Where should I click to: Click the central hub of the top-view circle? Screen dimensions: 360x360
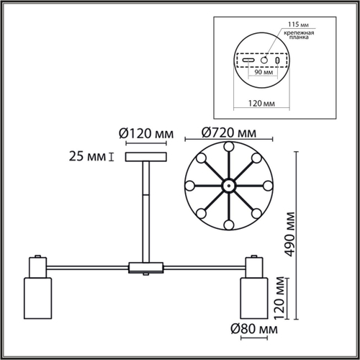[227, 185]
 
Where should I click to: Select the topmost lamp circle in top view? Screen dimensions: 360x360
[227, 147]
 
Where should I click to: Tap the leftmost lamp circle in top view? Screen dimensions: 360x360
[189, 185]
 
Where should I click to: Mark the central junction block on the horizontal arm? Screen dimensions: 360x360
[146, 269]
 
